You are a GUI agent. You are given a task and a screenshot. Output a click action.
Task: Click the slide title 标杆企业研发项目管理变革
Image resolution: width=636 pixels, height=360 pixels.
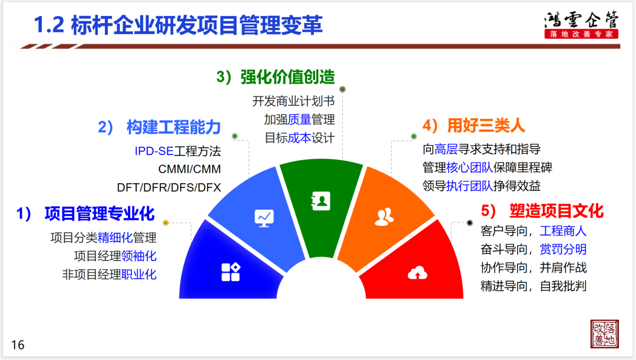(x=197, y=25)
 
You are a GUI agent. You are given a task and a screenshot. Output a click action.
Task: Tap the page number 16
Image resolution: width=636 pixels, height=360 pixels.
(x=18, y=345)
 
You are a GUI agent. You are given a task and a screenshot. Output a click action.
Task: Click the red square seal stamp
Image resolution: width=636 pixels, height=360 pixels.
(x=604, y=333)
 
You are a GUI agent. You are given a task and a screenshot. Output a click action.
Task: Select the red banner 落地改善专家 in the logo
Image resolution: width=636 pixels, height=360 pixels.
(x=581, y=34)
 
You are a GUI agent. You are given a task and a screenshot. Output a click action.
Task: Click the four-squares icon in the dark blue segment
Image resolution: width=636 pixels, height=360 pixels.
(x=231, y=272)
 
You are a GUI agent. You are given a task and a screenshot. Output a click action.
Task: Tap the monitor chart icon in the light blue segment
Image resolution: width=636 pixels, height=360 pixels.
(x=264, y=219)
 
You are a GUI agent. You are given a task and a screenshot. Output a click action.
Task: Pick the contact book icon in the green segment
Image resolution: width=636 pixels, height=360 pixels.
(x=320, y=201)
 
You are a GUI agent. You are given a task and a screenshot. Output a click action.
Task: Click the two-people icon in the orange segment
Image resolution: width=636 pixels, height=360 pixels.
(x=384, y=217)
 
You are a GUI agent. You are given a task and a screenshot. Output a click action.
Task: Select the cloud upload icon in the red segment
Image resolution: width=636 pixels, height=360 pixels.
(x=418, y=273)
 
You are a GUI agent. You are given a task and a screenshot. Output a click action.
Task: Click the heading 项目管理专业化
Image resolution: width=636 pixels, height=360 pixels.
(x=100, y=213)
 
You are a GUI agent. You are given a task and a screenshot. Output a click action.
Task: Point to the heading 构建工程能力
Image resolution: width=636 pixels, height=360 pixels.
(x=174, y=127)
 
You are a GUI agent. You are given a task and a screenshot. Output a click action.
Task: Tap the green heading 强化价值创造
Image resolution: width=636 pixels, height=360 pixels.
(x=287, y=77)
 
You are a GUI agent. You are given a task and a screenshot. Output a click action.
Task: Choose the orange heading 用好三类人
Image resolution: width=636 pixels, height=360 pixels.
(x=486, y=125)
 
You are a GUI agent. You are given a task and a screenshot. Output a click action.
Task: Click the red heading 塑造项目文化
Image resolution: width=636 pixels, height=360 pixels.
(x=556, y=211)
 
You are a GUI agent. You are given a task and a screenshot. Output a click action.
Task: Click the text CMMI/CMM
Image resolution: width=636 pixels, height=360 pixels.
(x=190, y=169)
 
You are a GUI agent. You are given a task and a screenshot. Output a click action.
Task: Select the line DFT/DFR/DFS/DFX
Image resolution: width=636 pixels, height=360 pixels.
(x=169, y=187)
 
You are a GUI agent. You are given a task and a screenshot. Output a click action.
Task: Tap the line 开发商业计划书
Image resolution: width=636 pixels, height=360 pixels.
(x=293, y=101)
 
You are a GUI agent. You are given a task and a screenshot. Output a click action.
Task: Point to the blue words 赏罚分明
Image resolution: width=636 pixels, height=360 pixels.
(x=563, y=249)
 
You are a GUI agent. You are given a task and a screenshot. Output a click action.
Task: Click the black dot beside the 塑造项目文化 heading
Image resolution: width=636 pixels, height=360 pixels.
(x=470, y=223)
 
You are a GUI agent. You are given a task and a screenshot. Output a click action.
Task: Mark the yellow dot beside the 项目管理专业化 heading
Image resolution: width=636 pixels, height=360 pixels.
(x=165, y=222)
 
